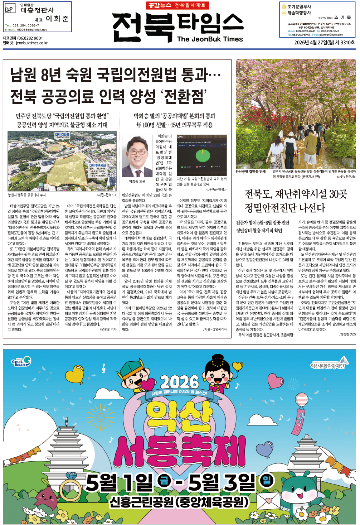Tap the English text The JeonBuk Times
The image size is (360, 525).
pos(210,39)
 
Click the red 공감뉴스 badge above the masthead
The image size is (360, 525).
pos(159,5)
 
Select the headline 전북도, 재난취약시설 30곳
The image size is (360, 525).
pos(296,194)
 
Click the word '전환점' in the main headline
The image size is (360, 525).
pos(184,96)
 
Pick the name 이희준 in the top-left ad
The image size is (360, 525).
pos(57,19)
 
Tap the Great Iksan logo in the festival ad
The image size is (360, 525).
pos(21,362)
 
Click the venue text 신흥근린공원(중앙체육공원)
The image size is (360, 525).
pos(179,502)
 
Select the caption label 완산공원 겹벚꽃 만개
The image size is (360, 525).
pos(250,172)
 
